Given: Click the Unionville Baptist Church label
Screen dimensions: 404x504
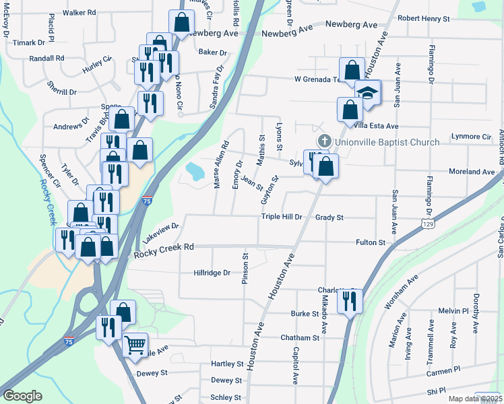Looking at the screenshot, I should point(387,142).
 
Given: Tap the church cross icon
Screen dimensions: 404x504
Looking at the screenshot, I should point(324,141).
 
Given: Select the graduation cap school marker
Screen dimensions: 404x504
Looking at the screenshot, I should point(368,92).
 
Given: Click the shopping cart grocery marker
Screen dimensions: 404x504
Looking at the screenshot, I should point(135,345).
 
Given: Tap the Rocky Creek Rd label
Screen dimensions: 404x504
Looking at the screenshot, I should point(164,248).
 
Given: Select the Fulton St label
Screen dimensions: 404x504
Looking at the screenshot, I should point(371,242).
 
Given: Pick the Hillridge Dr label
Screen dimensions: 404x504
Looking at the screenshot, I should point(212,273).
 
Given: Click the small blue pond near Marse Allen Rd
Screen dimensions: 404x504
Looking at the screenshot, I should point(194,171).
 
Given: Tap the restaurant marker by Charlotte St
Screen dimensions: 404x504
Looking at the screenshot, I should point(350,300).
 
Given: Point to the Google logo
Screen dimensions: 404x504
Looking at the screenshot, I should point(22,396).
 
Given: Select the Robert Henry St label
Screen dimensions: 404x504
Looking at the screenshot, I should point(423,19).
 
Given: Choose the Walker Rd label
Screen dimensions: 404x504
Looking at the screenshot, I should point(80,13).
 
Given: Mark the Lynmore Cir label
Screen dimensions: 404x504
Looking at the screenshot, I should point(471,137).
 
